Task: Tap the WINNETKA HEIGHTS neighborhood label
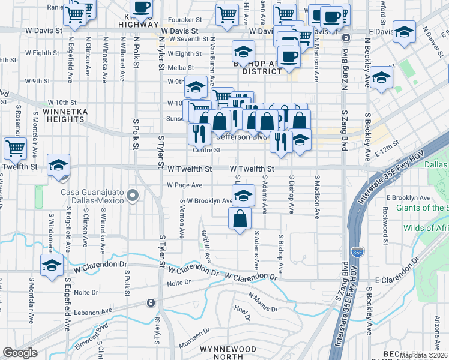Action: pyautogui.click(x=60, y=115)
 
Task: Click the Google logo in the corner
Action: pyautogui.click(x=20, y=353)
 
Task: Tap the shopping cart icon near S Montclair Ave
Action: pyautogui.click(x=15, y=148)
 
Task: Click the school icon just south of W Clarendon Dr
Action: pyautogui.click(x=52, y=265)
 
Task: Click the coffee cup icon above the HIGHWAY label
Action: pyautogui.click(x=142, y=7)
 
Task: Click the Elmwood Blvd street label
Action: pyautogui.click(x=91, y=334)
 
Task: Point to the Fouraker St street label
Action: pyautogui.click(x=188, y=19)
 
